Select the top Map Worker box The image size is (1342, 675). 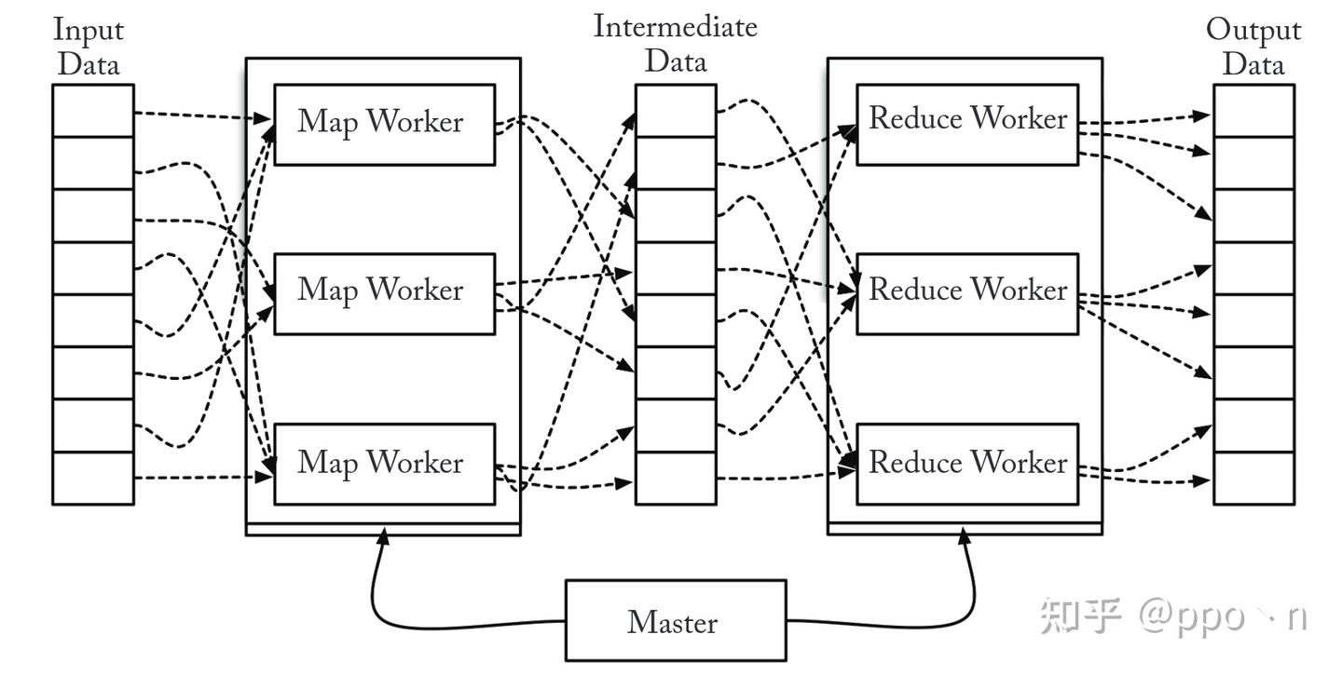tap(384, 125)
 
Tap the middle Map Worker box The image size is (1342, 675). tap(384, 293)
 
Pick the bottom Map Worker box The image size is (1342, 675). tap(384, 464)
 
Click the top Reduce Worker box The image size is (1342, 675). tap(967, 125)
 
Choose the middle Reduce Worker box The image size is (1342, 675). tap(967, 293)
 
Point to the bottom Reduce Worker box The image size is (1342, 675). tap(967, 464)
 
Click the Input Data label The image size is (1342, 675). tap(89, 47)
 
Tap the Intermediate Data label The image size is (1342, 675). tap(676, 44)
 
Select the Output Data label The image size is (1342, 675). tap(1253, 47)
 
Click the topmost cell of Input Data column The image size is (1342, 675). tap(93, 111)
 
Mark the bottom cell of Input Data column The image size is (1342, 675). tap(93, 478)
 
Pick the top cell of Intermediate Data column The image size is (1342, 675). tap(676, 111)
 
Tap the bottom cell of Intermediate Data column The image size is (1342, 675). tap(676, 478)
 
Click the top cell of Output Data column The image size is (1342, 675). tap(1253, 111)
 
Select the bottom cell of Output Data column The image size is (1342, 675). tap(1253, 478)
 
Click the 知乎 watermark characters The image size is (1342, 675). tap(1081, 616)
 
